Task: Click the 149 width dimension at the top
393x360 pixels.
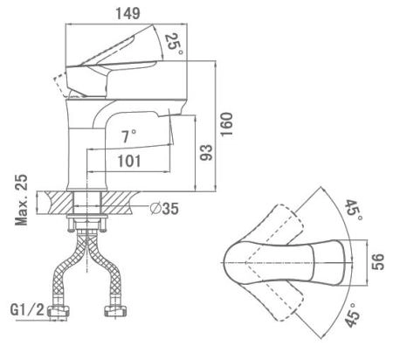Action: pyautogui.click(x=128, y=13)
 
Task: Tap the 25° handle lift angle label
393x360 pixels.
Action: pyautogui.click(x=174, y=44)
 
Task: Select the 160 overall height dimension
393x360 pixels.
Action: pyautogui.click(x=226, y=124)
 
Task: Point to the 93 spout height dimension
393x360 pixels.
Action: pyautogui.click(x=206, y=152)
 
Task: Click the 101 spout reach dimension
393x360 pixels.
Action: pyautogui.click(x=129, y=161)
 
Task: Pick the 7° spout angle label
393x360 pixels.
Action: pyautogui.click(x=128, y=136)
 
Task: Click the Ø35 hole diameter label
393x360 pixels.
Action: pyautogui.click(x=164, y=208)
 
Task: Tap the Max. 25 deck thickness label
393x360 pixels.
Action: pyautogui.click(x=21, y=200)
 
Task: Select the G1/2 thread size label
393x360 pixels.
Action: pyautogui.click(x=27, y=309)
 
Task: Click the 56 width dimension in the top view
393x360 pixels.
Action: pyautogui.click(x=378, y=262)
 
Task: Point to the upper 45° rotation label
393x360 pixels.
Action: pyautogui.click(x=353, y=211)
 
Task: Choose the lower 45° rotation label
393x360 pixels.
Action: pyautogui.click(x=352, y=315)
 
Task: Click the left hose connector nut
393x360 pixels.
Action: pyautogui.click(x=59, y=311)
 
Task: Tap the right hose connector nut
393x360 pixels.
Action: pyautogui.click(x=116, y=310)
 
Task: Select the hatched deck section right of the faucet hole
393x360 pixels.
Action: pyautogui.click(x=120, y=202)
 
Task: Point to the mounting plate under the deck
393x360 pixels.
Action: pyautogui.click(x=87, y=217)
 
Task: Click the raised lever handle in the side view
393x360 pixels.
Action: pyautogui.click(x=116, y=46)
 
